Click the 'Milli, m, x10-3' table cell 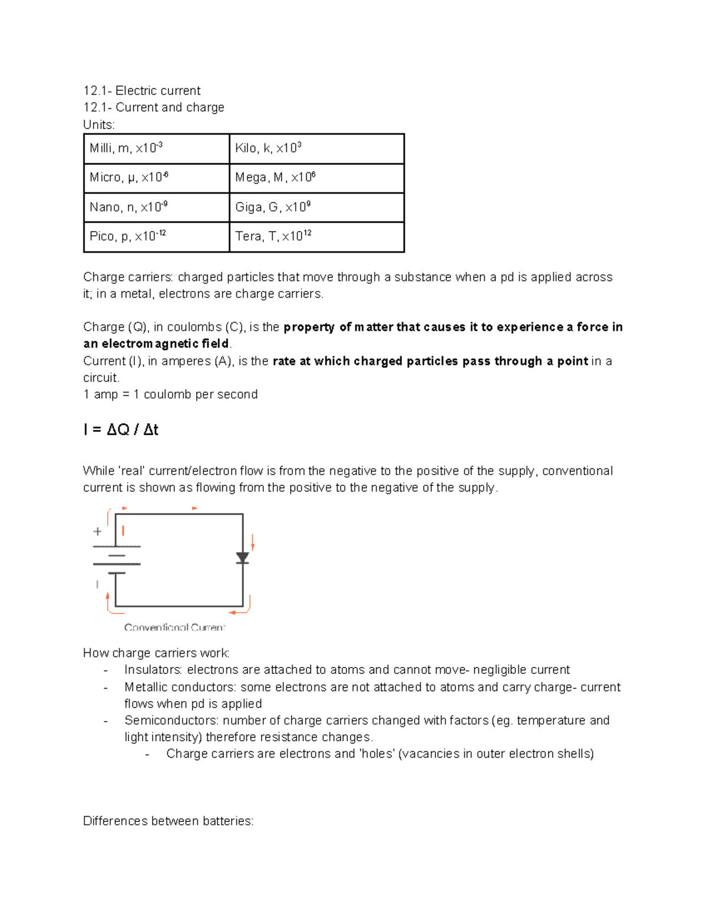click(156, 148)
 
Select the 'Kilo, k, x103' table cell click(316, 148)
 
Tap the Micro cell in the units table click(156, 178)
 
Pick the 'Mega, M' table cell click(316, 178)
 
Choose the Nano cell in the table click(156, 207)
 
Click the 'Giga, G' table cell click(316, 207)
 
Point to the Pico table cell click(156, 237)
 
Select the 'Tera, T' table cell click(316, 237)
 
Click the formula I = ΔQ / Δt click(121, 430)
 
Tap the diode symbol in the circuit click(243, 558)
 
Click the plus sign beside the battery click(98, 531)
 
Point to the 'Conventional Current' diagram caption click(174, 627)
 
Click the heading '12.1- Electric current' click(142, 91)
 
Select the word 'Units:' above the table click(99, 125)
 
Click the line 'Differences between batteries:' click(168, 821)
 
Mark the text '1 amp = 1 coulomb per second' click(170, 395)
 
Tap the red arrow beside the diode click(253, 542)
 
